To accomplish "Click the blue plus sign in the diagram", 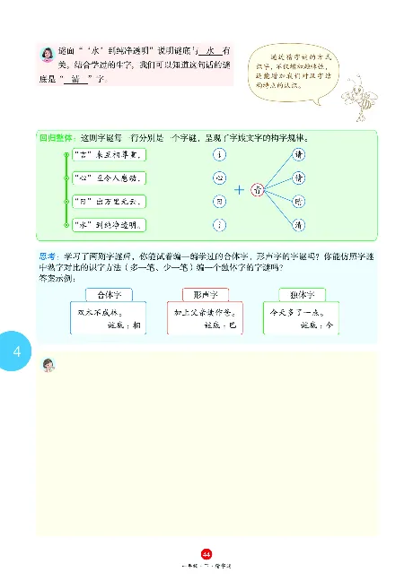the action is (239, 190).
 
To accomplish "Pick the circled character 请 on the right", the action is (298, 155).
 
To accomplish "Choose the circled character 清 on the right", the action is (298, 225).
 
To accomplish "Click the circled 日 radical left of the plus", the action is (219, 202).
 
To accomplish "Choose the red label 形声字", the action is (206, 294).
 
